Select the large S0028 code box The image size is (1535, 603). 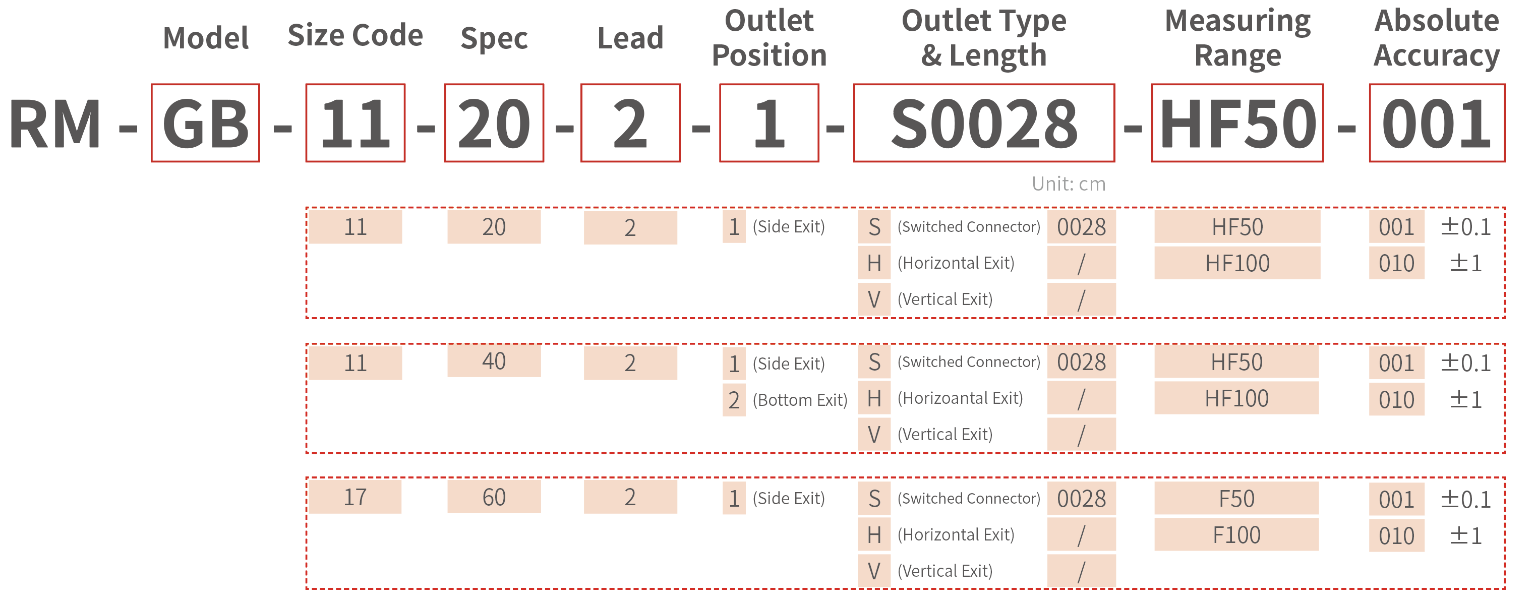[984, 123]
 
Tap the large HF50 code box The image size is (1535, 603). [1237, 123]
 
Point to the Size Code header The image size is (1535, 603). [355, 36]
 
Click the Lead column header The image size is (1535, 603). [630, 38]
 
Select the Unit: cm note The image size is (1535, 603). [1069, 184]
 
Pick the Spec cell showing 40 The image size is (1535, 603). [494, 360]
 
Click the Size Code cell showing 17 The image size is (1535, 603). [355, 497]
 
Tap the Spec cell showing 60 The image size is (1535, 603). [494, 497]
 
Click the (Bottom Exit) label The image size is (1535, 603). [800, 400]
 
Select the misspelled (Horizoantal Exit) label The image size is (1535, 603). [960, 398]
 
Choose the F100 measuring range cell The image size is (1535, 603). [1236, 535]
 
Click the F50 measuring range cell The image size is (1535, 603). [1236, 499]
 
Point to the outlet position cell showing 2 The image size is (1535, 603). [734, 400]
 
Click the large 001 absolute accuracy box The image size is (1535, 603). [1437, 123]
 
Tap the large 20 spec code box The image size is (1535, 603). [494, 123]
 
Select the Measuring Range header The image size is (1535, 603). [1237, 38]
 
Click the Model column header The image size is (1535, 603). [206, 38]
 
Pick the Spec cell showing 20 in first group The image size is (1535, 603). [494, 227]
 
